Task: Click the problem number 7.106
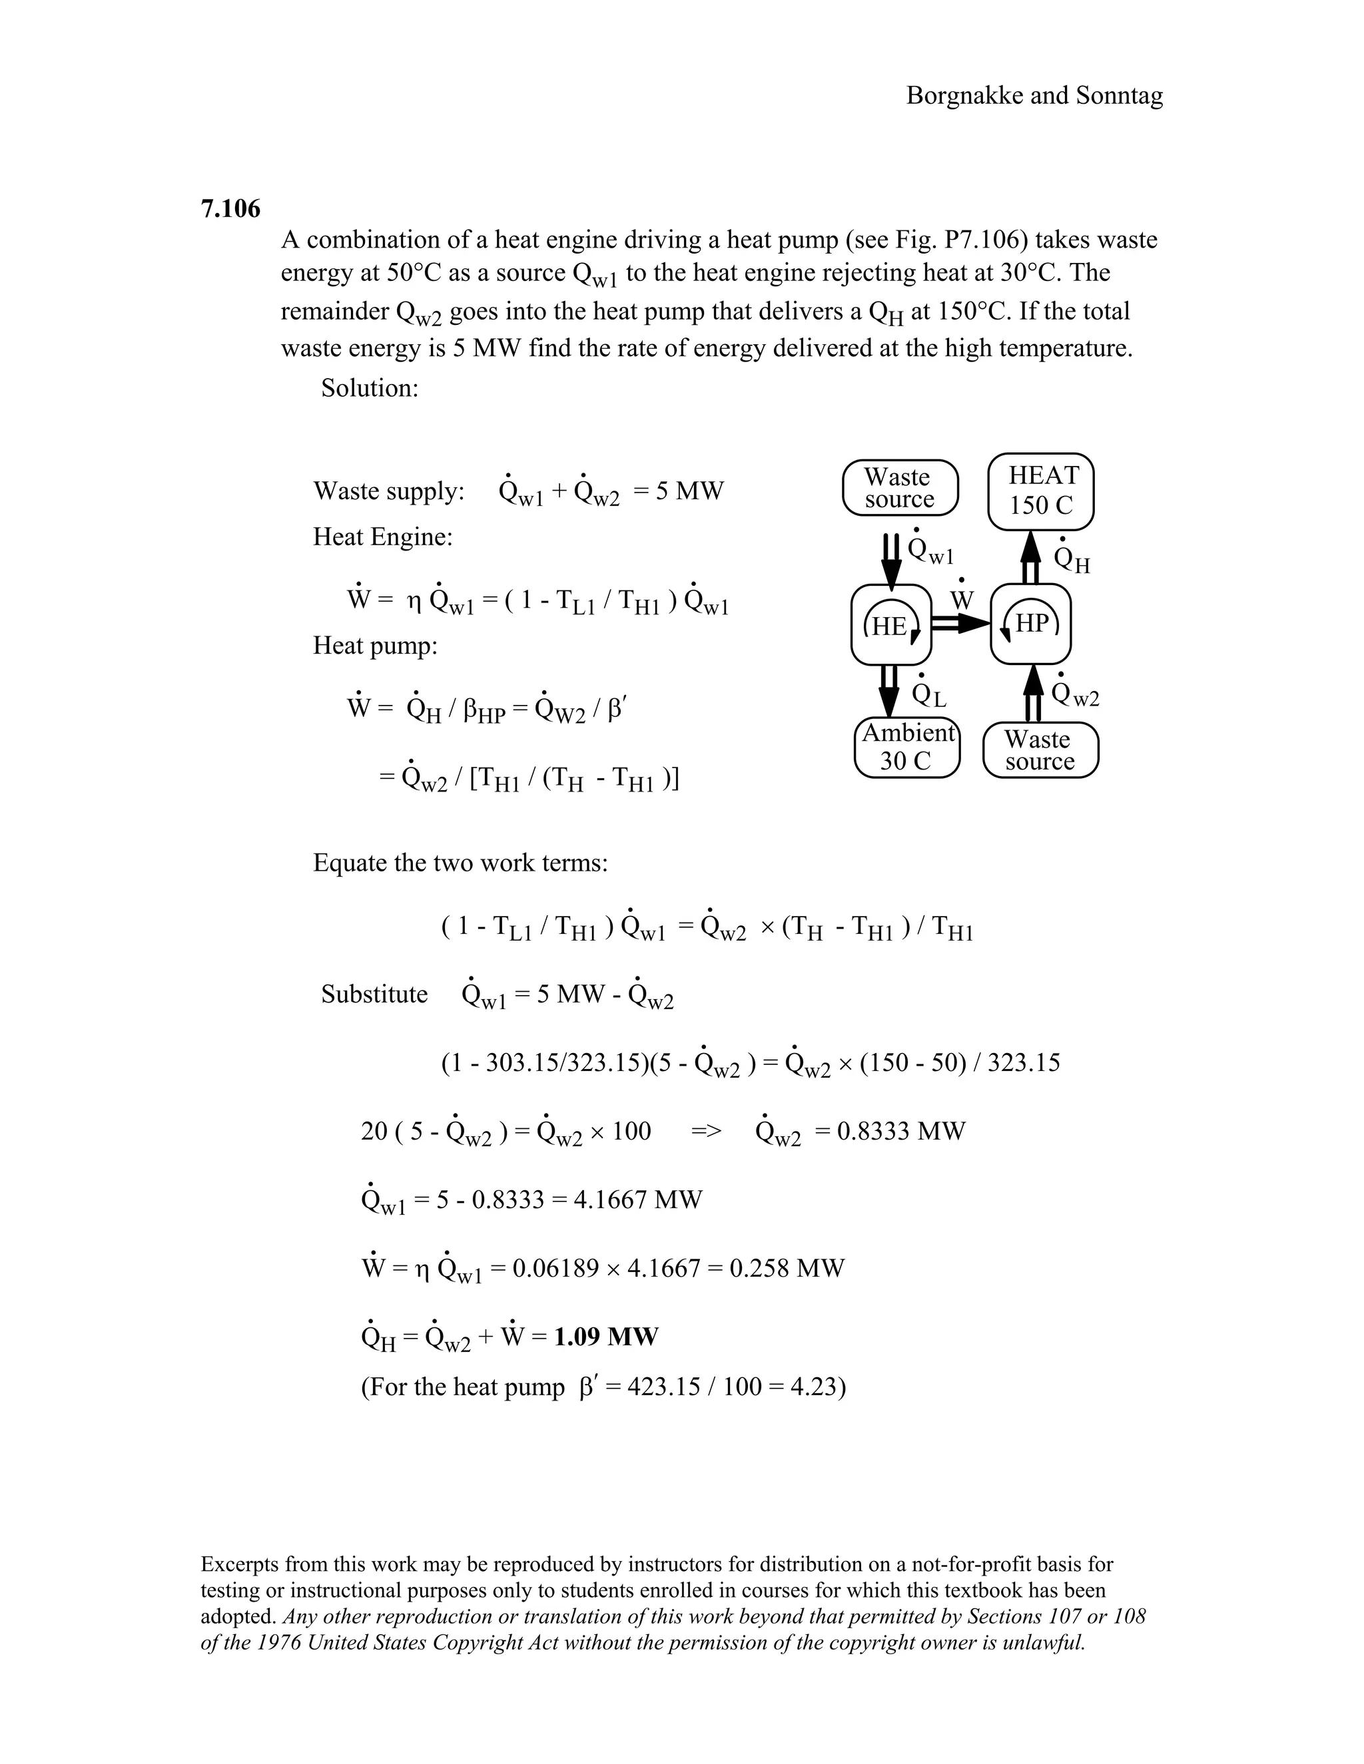tap(230, 209)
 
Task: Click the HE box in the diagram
tap(891, 625)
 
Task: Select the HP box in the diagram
tap(1031, 624)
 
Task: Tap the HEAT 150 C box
tap(1042, 491)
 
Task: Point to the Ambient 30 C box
tap(906, 747)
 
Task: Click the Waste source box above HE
tap(899, 488)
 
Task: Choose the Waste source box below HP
tap(1040, 750)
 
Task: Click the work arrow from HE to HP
tap(961, 624)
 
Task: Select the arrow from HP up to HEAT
tap(1030, 557)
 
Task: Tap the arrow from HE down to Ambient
tap(889, 690)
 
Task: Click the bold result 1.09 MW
tap(606, 1337)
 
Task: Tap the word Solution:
tap(369, 389)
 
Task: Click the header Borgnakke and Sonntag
tap(1034, 96)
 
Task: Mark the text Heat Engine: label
tap(383, 537)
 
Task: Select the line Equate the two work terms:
tap(460, 863)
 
